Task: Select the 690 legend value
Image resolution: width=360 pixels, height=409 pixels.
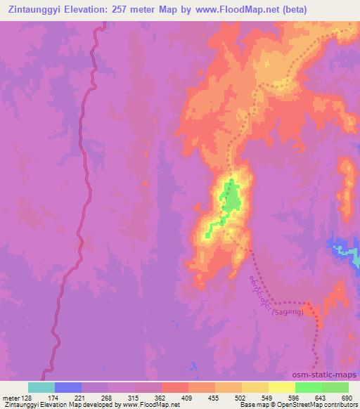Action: pyautogui.click(x=345, y=398)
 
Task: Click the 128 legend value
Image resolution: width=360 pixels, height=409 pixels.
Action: pyautogui.click(x=28, y=398)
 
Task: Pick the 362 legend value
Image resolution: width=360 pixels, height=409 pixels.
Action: pyautogui.click(x=160, y=398)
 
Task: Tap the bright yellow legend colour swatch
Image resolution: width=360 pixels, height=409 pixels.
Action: pyautogui.click(x=281, y=387)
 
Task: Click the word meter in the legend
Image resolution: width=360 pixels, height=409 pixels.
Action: pyautogui.click(x=10, y=398)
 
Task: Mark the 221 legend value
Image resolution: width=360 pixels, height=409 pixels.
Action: pyautogui.click(x=81, y=398)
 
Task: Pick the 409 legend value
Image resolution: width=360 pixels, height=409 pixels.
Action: pyautogui.click(x=186, y=398)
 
